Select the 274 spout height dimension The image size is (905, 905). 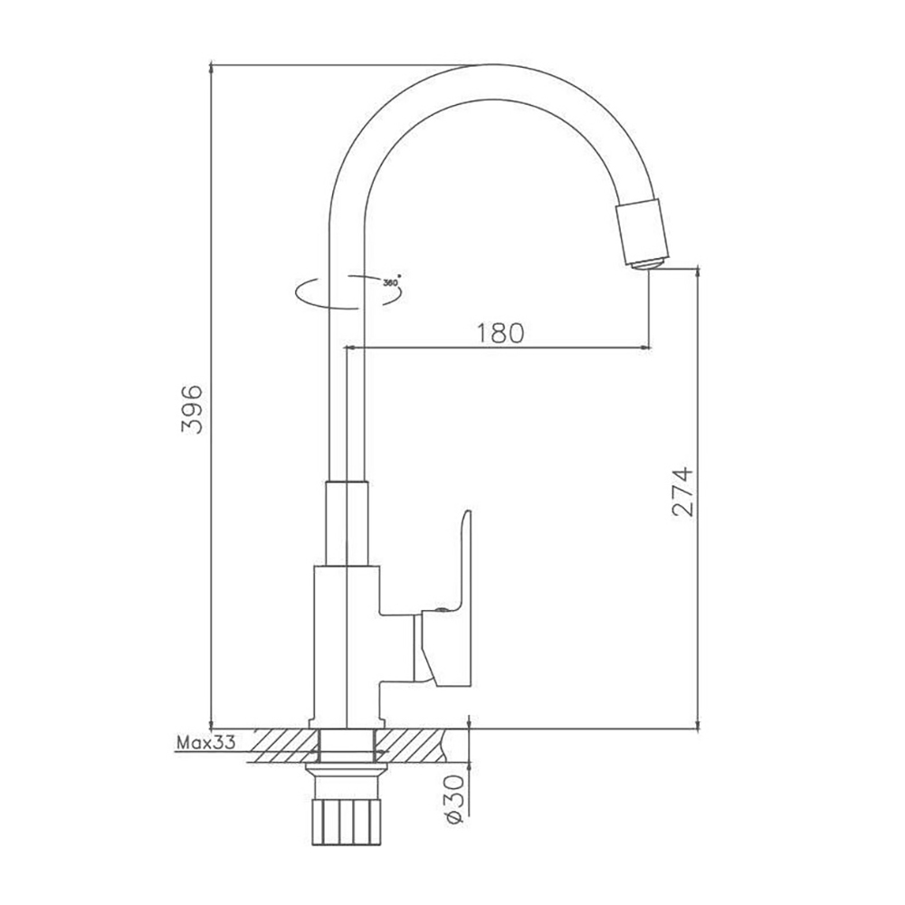pyautogui.click(x=683, y=491)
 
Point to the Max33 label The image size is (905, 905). pyautogui.click(x=205, y=744)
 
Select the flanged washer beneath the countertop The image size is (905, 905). pyautogui.click(x=347, y=771)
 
